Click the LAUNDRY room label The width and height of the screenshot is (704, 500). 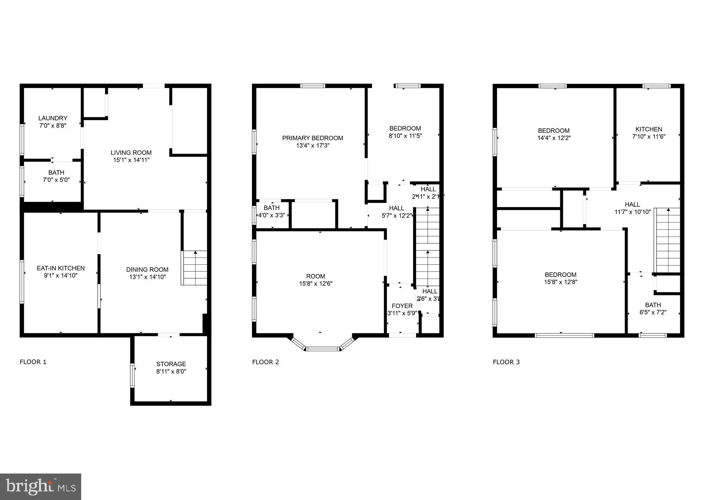tap(53, 118)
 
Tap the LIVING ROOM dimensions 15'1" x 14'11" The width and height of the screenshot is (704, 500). tap(131, 160)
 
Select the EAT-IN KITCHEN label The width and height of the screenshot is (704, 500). tap(61, 268)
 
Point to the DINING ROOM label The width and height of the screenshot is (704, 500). tap(147, 270)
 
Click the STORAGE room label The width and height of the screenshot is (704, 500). tap(171, 364)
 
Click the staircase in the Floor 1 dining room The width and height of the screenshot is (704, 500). tap(195, 268)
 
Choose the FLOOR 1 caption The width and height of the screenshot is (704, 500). tap(33, 362)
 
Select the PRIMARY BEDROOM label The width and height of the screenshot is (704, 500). tap(312, 138)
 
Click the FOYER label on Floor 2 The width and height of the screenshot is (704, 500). tap(402, 306)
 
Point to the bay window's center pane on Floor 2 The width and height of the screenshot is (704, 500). tap(322, 349)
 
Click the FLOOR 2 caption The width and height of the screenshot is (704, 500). tap(266, 362)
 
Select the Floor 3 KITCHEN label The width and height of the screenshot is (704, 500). tap(648, 129)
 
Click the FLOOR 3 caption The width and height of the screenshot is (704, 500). tap(506, 362)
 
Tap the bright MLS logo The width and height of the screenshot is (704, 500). tap(41, 487)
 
